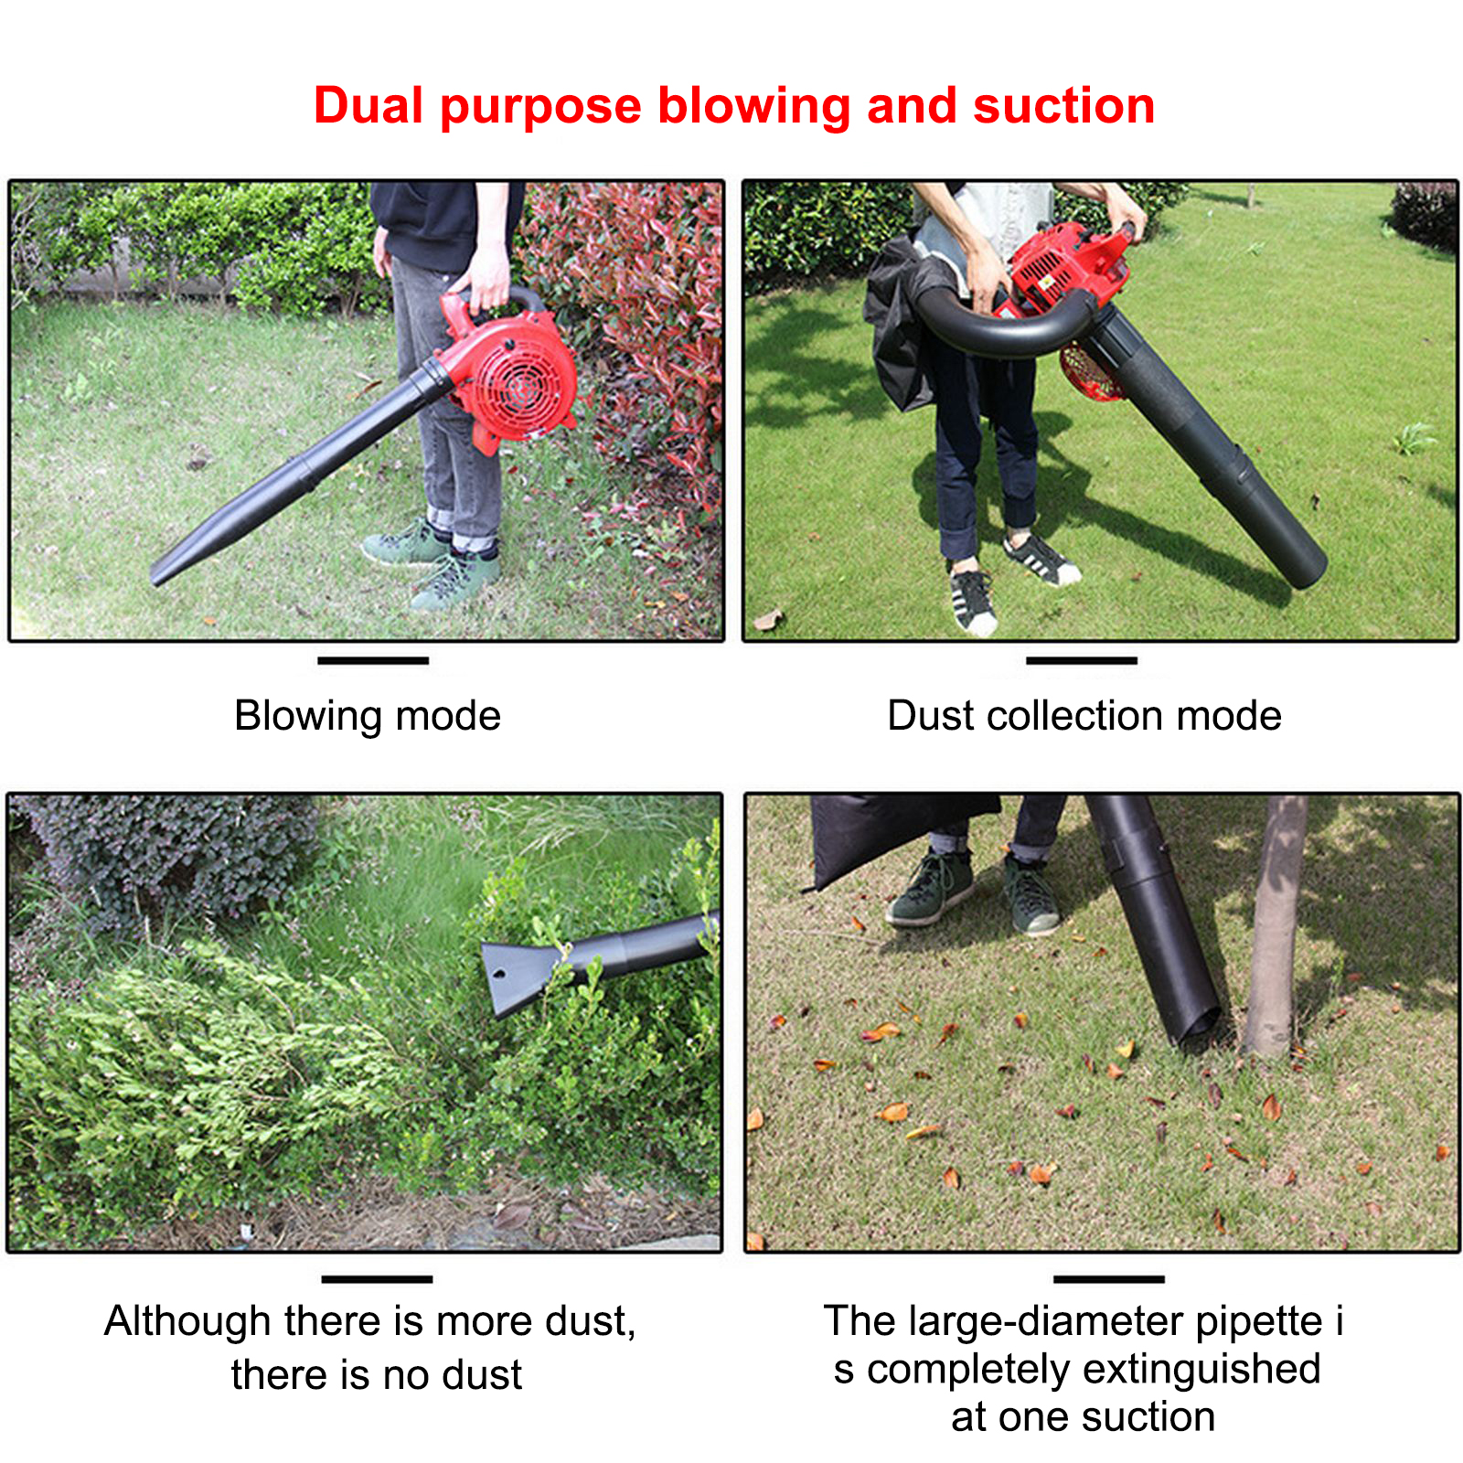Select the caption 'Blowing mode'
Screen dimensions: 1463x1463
click(x=368, y=715)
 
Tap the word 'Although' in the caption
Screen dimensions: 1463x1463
click(x=187, y=1322)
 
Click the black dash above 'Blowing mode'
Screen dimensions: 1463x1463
click(x=373, y=660)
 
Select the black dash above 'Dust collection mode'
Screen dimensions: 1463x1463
click(x=1082, y=660)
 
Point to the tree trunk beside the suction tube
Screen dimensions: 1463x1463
click(x=1276, y=924)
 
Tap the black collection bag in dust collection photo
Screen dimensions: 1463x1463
click(x=901, y=325)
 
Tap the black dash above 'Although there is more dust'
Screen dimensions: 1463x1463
click(x=377, y=1279)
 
